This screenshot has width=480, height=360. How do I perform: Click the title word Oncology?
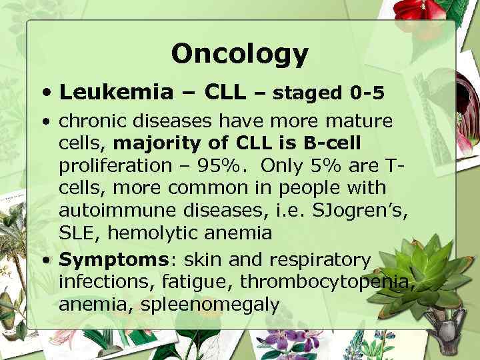[239, 53]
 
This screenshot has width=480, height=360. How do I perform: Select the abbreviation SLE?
[75, 233]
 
